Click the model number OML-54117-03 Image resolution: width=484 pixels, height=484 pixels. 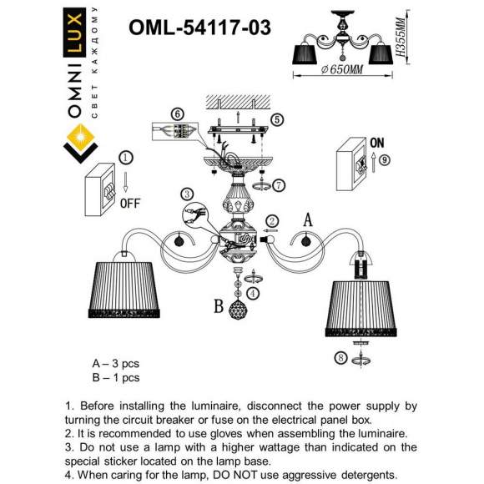point(199,28)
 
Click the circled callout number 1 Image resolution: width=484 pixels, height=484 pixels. point(125,157)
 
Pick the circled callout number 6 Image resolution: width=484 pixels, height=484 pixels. point(176,113)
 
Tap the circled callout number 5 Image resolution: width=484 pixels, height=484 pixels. point(277,118)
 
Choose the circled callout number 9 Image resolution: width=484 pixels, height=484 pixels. point(385,159)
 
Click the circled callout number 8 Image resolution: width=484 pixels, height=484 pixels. point(340,359)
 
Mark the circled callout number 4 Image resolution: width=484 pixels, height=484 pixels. point(253,293)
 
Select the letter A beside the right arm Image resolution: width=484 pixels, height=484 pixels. point(308,219)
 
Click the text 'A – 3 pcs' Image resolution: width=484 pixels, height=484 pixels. point(115,364)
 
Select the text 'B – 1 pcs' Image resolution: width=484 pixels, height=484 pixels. point(115,377)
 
